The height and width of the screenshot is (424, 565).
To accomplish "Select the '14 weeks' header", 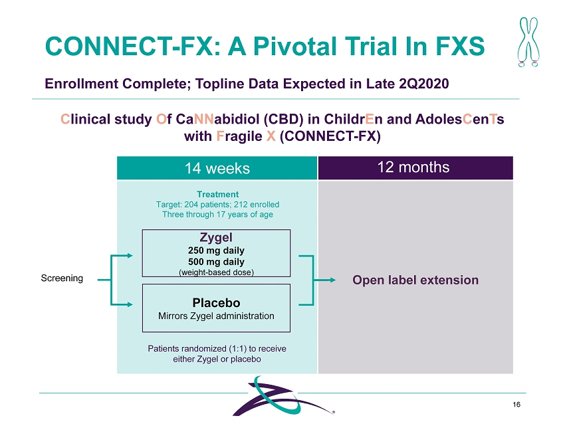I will pyautogui.click(x=217, y=168).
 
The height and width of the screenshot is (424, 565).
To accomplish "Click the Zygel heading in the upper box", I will pyautogui.click(x=217, y=237).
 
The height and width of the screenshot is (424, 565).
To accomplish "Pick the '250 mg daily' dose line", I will pyautogui.click(x=217, y=251).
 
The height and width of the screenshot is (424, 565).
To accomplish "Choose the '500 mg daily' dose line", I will pyautogui.click(x=217, y=261).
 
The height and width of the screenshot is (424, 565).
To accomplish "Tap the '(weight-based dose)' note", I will pyautogui.click(x=217, y=272).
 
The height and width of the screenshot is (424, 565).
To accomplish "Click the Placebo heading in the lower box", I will pyautogui.click(x=217, y=302).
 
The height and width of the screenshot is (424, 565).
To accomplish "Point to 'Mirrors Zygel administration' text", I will pyautogui.click(x=217, y=316).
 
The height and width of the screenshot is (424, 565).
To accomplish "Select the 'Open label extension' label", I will pyautogui.click(x=415, y=280).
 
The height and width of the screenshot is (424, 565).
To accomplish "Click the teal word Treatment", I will pyautogui.click(x=217, y=194).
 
